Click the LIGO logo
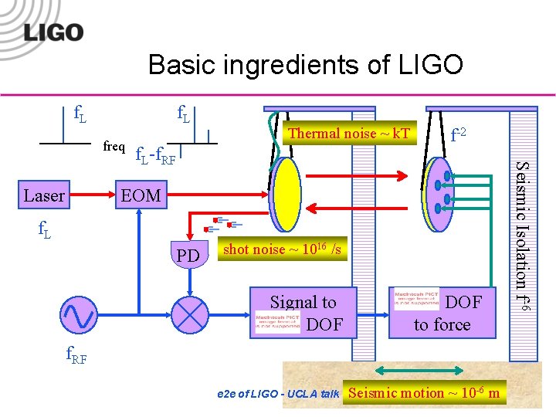pos(53,32)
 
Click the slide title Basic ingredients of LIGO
pos(305,65)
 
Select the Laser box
pos(44,196)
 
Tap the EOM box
pos(140,196)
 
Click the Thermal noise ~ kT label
pos(348,134)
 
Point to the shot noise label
pos(281,249)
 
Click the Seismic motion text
pos(425,393)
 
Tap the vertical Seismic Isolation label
pos(523,236)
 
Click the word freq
pos(114,145)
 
